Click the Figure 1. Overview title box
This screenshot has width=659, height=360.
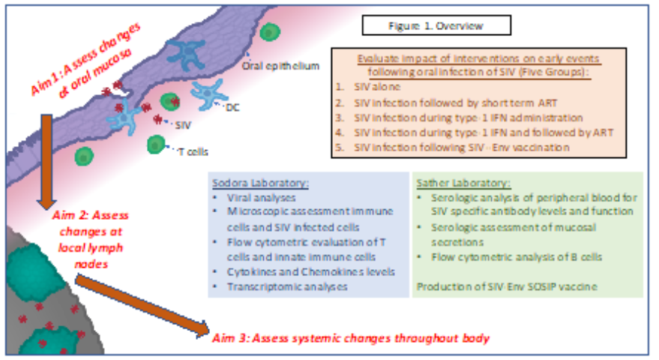point(436,25)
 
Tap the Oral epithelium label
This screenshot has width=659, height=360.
point(280,66)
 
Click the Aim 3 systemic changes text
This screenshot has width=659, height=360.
point(352,337)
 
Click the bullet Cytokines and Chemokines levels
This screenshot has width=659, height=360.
point(304,271)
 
